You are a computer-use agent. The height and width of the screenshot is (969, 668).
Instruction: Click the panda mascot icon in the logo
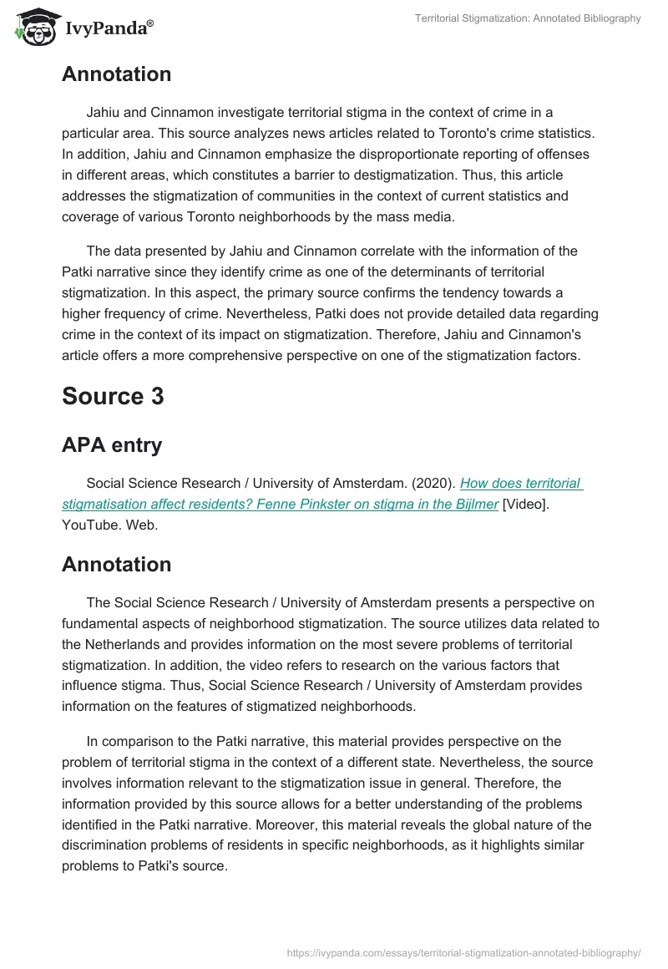point(33,28)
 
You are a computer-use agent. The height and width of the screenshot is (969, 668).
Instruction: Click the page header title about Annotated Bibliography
point(528,18)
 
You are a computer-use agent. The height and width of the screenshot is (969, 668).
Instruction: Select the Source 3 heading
point(113,396)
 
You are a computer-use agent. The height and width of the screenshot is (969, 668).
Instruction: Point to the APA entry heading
point(112,445)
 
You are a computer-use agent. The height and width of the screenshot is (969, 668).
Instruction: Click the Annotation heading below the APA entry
point(116,564)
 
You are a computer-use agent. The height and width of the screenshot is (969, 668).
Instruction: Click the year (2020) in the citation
point(433,484)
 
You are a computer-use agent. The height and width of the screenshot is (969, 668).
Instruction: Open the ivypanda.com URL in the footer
point(463,951)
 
